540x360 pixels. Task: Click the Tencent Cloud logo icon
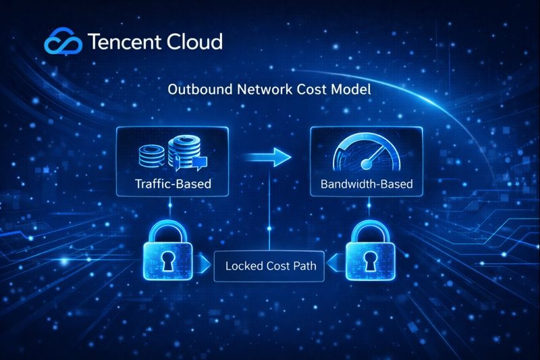coord(63,43)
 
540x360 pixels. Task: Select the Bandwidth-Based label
coord(367,183)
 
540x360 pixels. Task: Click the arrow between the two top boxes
coord(266,158)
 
